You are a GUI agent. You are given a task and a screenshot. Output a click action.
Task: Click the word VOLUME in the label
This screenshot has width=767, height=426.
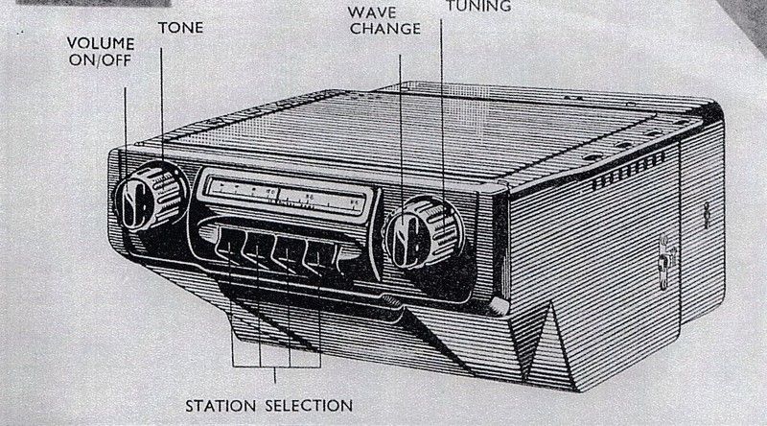click(101, 43)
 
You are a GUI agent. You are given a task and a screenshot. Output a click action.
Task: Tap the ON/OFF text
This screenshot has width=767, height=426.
click(101, 60)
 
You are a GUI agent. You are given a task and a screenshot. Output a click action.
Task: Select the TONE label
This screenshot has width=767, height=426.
click(180, 28)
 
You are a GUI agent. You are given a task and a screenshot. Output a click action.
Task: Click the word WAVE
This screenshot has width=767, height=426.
click(372, 12)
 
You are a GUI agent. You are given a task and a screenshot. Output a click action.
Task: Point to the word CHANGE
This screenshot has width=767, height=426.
click(385, 29)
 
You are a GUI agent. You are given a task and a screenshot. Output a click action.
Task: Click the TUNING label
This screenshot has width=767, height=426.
click(478, 6)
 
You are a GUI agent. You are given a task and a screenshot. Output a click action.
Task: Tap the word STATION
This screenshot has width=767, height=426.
click(221, 406)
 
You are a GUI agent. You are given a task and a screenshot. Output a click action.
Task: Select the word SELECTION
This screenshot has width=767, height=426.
click(309, 406)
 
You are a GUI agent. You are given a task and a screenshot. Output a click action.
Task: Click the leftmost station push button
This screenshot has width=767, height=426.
click(228, 243)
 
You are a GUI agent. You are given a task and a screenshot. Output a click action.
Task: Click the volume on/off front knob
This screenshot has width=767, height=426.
click(132, 204)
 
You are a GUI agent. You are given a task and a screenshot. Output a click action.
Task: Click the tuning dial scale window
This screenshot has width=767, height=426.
click(285, 197)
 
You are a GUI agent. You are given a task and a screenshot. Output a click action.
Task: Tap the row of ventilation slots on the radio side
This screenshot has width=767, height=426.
click(629, 171)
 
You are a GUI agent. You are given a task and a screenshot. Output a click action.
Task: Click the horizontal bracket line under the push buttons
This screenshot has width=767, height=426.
click(276, 367)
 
